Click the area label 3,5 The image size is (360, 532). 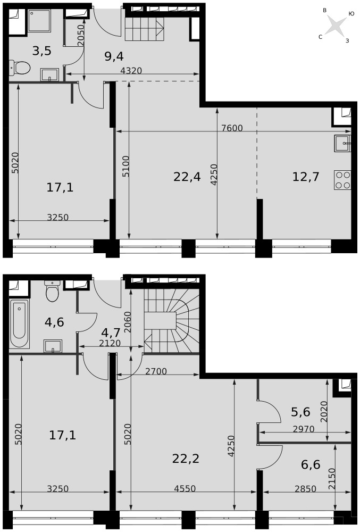pyautogui.click(x=41, y=51)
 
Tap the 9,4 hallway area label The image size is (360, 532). pyautogui.click(x=114, y=56)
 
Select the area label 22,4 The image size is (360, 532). pyautogui.click(x=187, y=177)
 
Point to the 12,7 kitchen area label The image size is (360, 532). pyautogui.click(x=305, y=177)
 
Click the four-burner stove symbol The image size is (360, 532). pyautogui.click(x=342, y=180)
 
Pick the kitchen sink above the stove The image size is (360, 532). pyautogui.click(x=342, y=143)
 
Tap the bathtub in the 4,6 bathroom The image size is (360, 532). pyautogui.click(x=20, y=324)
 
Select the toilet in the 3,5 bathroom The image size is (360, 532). pyautogui.click(x=20, y=68)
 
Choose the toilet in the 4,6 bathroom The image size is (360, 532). pyautogui.click(x=52, y=291)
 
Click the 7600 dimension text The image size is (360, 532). pyautogui.click(x=232, y=128)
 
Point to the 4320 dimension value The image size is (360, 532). pyautogui.click(x=131, y=71)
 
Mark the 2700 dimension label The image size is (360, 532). pyautogui.click(x=156, y=371)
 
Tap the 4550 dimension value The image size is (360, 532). pyautogui.click(x=185, y=488)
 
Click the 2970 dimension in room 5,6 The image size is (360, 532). pyautogui.click(x=304, y=429)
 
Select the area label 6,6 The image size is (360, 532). pyautogui.click(x=311, y=464)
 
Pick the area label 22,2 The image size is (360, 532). pyautogui.click(x=186, y=459)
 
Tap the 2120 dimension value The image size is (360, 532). pyautogui.click(x=110, y=343)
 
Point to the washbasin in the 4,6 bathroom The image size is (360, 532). pyautogui.click(x=53, y=346)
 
